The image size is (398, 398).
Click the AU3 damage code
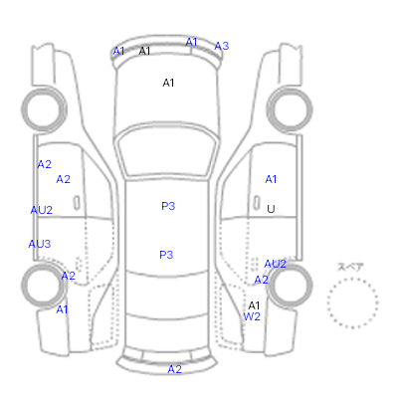[x=40, y=244]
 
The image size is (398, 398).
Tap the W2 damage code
[x=252, y=316]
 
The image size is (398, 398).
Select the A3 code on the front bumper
[x=222, y=46]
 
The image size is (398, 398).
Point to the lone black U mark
[x=271, y=209]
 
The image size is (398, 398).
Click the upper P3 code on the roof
[x=168, y=206]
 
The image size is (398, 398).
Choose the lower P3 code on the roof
[x=166, y=255]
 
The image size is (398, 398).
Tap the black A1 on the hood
[x=168, y=83]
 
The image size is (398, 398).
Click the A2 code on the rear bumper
[x=175, y=369]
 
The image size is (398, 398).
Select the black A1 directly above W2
[x=254, y=305]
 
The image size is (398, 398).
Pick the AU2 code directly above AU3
[x=42, y=210]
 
